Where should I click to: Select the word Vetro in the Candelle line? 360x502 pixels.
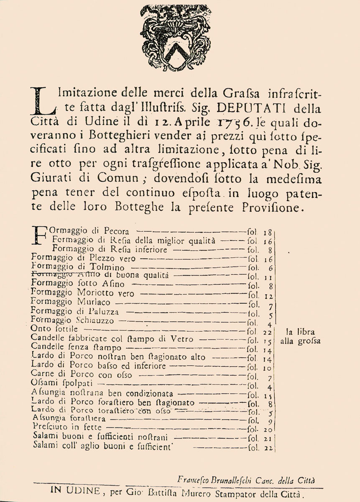pos(182,339)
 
